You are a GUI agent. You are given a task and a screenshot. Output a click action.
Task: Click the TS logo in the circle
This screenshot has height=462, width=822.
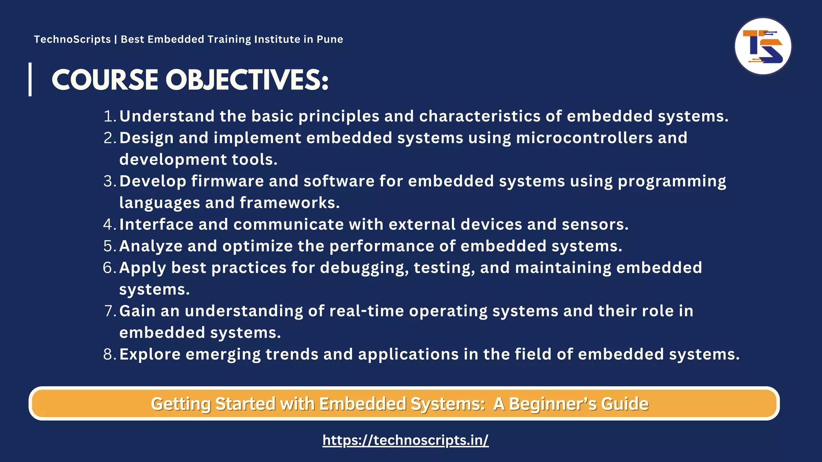tap(763, 47)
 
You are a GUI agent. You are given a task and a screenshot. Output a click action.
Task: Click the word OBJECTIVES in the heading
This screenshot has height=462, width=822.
tap(247, 80)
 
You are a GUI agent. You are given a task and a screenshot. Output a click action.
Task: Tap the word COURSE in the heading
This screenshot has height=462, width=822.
tap(105, 80)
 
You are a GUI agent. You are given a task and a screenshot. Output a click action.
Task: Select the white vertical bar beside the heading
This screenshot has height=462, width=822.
tap(30, 79)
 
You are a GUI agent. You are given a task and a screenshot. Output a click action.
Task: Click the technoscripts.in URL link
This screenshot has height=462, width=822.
tap(405, 440)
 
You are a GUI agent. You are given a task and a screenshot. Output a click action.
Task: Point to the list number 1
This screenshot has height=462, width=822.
tap(109, 116)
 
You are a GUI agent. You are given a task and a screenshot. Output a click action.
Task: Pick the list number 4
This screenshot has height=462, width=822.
tap(109, 225)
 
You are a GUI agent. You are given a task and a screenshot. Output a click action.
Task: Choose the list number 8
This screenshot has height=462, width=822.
tap(109, 355)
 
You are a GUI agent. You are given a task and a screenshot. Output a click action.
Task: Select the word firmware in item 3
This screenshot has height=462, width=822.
tap(228, 181)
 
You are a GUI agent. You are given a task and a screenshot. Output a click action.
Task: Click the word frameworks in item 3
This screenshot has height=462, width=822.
tap(289, 203)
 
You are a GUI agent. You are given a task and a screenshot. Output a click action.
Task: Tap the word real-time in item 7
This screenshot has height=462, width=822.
tap(366, 311)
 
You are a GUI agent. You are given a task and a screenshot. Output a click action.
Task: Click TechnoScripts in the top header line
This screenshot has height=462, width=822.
tap(72, 39)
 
